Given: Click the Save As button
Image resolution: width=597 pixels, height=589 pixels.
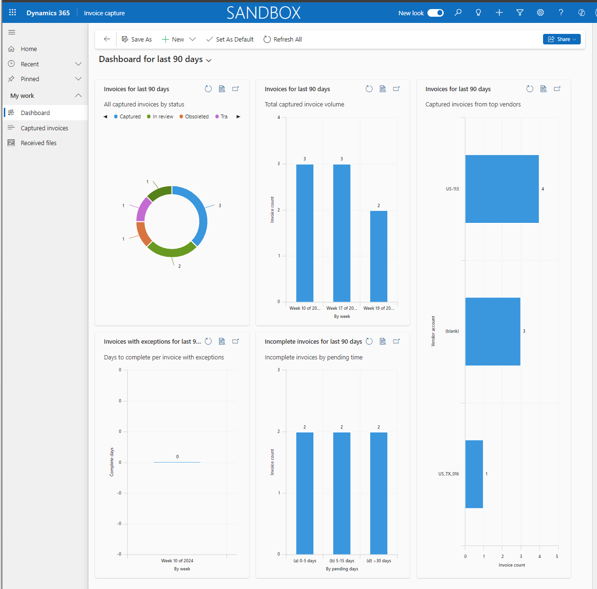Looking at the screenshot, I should (x=137, y=40).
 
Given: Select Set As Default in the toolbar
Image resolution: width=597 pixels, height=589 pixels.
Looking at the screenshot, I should (x=230, y=40).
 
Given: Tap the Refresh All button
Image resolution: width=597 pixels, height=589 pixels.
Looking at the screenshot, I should (x=283, y=40).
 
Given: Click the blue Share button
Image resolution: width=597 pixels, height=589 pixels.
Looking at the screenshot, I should (x=562, y=39).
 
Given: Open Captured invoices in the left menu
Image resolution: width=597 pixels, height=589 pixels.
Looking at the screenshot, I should (x=44, y=128).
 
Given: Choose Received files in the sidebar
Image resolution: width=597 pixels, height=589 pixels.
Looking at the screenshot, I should (x=39, y=143).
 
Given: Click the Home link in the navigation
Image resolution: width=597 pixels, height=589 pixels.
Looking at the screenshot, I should (x=29, y=49).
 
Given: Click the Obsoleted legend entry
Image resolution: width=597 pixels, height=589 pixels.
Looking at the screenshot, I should (x=197, y=116).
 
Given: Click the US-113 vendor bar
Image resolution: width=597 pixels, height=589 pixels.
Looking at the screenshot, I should (x=501, y=189).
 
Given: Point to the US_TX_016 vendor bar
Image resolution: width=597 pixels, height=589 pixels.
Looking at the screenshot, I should (x=474, y=474).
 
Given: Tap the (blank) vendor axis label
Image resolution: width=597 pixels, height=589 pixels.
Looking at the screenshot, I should (x=452, y=331).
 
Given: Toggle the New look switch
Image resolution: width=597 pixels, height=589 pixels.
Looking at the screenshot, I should (x=435, y=13).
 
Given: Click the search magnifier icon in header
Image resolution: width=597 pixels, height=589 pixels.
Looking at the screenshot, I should (x=458, y=13).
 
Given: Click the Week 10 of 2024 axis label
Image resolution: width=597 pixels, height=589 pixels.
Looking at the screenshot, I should (x=177, y=561).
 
